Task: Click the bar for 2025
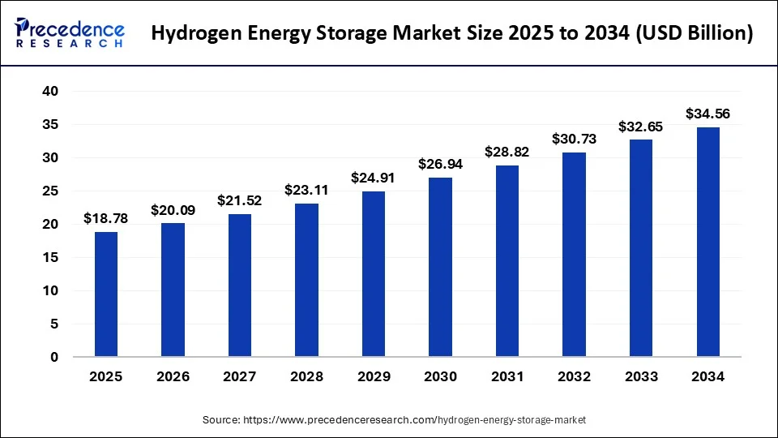(x=106, y=294)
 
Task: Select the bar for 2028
(x=307, y=280)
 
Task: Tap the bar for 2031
(x=507, y=261)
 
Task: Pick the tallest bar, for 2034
(x=707, y=242)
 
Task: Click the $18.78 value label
(x=106, y=218)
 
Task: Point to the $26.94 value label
(x=440, y=164)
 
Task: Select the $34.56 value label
(x=707, y=114)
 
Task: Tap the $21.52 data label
(x=240, y=200)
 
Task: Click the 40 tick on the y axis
(x=50, y=92)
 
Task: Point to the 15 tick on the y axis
(x=50, y=257)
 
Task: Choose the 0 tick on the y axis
(x=54, y=357)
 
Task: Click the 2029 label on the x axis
(x=374, y=376)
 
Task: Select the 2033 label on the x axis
(x=641, y=376)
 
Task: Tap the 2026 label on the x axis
(x=173, y=376)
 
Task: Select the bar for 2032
(x=574, y=255)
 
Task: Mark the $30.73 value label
(x=574, y=139)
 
